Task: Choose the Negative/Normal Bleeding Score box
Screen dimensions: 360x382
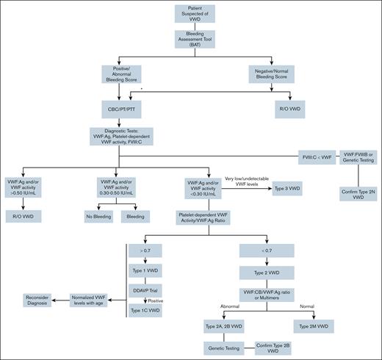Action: [x=267, y=75]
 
